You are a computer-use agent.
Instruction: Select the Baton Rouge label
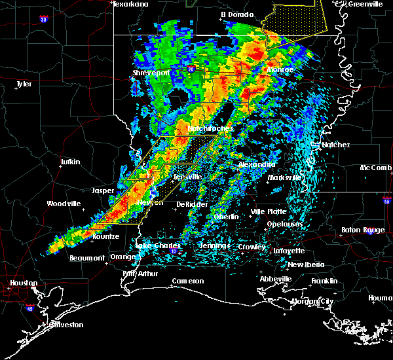click(364, 230)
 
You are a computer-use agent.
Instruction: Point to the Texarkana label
click(131, 4)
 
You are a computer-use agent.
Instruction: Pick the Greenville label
click(365, 4)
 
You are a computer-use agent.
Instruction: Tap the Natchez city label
click(335, 145)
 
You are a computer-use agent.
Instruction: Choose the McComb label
click(375, 168)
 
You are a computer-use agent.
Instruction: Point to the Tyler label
click(24, 84)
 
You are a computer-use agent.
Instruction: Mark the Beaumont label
click(87, 258)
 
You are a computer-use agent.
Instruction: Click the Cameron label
click(188, 281)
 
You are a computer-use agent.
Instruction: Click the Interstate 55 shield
click(387, 201)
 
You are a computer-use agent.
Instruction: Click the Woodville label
click(64, 204)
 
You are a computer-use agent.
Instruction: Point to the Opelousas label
click(284, 224)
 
